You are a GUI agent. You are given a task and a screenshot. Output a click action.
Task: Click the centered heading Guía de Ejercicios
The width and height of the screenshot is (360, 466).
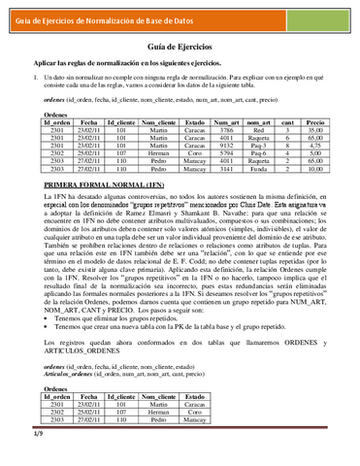(180, 47)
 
